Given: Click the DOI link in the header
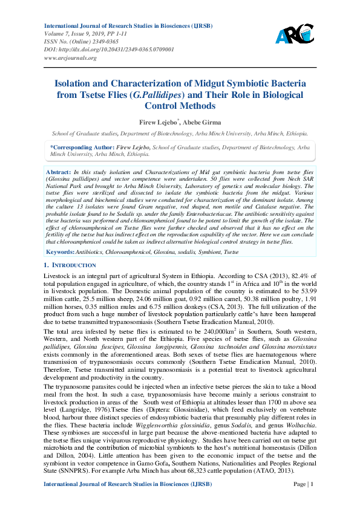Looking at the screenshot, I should (110, 50).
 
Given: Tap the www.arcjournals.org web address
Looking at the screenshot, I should (70, 58).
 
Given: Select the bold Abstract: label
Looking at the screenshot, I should (59, 172).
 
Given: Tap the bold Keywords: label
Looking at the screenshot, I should (61, 250).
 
